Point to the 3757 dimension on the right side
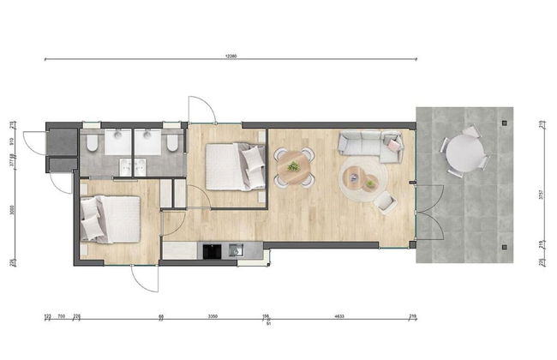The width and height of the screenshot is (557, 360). (540, 194)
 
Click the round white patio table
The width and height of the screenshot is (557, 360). (465, 153)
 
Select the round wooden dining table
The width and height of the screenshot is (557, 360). (294, 166)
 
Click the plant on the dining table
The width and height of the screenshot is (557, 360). (294, 165)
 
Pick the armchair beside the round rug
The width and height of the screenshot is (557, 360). (385, 202)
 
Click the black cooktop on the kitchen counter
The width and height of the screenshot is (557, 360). (210, 250)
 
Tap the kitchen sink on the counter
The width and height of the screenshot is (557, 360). (236, 250)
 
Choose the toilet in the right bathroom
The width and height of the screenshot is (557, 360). (173, 141)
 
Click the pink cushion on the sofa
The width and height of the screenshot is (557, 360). (393, 144)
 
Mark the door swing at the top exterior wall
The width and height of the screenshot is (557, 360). (201, 110)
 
